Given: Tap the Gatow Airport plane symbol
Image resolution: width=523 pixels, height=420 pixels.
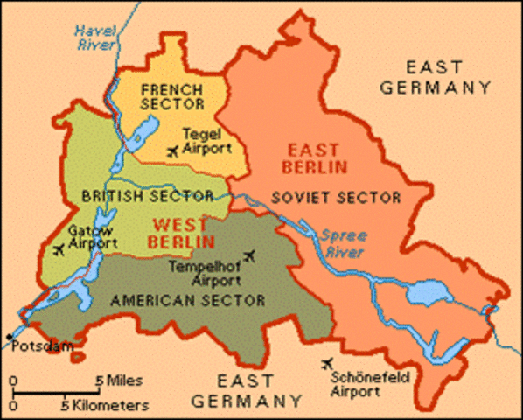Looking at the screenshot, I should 59,250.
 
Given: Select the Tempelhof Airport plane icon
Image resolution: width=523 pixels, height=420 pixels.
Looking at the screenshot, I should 250,255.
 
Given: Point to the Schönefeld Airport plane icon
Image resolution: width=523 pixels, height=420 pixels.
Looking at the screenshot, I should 330,363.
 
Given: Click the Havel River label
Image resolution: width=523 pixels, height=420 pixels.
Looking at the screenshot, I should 94,33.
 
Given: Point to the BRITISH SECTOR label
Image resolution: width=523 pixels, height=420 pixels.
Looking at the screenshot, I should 147,195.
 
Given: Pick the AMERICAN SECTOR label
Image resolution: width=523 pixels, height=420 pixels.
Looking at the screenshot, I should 187,300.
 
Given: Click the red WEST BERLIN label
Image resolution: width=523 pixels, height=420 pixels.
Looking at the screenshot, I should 182,233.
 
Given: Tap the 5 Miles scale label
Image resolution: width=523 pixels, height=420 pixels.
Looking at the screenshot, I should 122,381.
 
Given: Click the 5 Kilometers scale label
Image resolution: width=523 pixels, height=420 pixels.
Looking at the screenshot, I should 104,406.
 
